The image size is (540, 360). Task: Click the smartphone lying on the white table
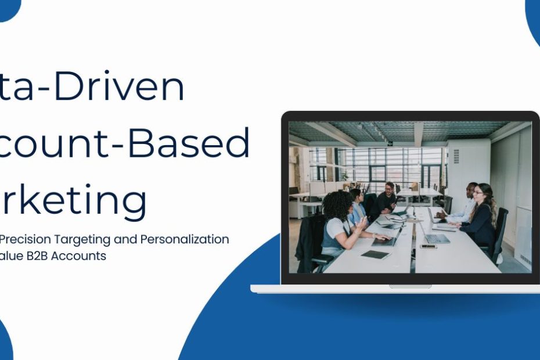coord(429,246)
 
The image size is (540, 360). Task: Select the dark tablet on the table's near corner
coord(375,254)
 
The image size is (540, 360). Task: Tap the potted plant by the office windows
coord(345,176)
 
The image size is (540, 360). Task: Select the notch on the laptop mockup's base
coord(410,286)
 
